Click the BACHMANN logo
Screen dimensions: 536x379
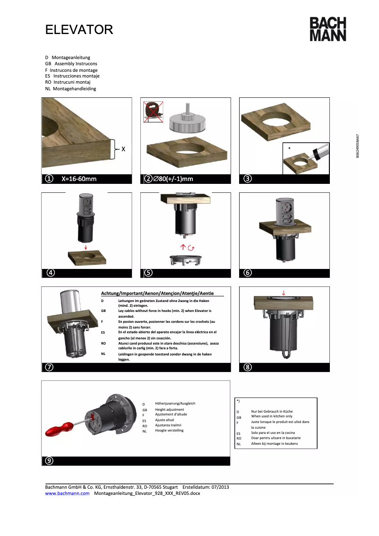click(x=327, y=29)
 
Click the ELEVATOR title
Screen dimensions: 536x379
click(x=79, y=30)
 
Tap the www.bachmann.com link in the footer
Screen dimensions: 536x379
click(x=67, y=493)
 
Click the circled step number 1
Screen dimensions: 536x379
click(x=48, y=179)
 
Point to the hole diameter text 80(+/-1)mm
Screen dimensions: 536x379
click(x=173, y=179)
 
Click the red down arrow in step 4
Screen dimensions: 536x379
click(x=86, y=246)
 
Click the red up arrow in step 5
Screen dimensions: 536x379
click(x=182, y=247)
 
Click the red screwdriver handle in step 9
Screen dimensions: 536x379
click(x=59, y=429)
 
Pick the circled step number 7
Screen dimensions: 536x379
click(x=49, y=367)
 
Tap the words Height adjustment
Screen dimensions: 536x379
click(x=170, y=409)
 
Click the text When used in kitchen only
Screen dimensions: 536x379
click(x=272, y=416)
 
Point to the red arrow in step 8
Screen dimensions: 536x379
click(x=283, y=293)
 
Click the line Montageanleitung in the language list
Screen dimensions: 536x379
click(x=70, y=57)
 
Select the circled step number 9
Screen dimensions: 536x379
click(x=49, y=460)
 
